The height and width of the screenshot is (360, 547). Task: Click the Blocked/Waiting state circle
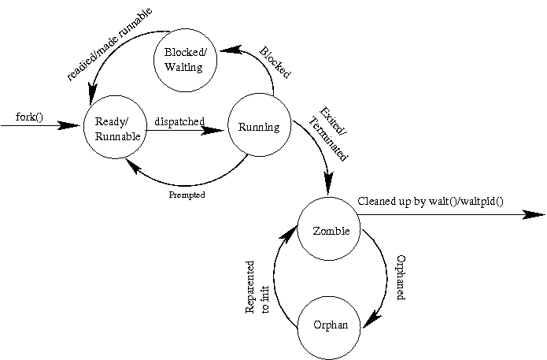pos(183,60)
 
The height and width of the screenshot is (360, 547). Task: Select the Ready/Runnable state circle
pos(117,128)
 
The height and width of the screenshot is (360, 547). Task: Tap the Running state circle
pos(258,128)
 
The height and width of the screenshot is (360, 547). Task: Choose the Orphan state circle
pos(329,324)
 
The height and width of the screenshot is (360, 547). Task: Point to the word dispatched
pos(179,121)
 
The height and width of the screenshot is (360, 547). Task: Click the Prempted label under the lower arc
pos(187,195)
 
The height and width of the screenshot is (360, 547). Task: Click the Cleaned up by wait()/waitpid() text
pos(431,201)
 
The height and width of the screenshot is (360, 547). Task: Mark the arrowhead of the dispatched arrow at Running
pos(217,131)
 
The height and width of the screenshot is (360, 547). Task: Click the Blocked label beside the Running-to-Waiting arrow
pos(275,63)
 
